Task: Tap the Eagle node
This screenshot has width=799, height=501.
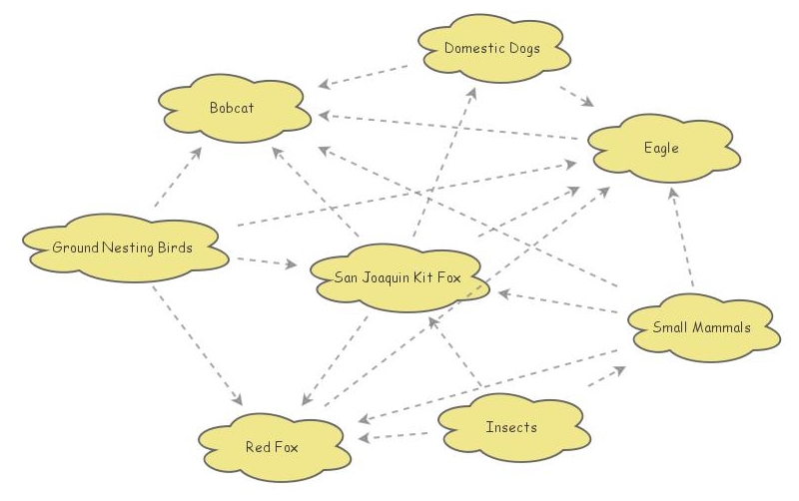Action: [x=661, y=149]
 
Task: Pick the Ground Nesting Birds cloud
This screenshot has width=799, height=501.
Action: [x=122, y=248]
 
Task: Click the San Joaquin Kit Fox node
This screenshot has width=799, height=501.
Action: [x=398, y=277]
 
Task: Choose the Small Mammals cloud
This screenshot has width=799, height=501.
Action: [x=701, y=327]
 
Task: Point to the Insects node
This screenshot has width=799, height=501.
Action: [x=511, y=427]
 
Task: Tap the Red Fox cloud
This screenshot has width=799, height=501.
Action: [x=272, y=446]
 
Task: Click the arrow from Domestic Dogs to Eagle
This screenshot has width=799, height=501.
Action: [x=576, y=95]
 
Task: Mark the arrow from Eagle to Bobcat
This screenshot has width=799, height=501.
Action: [x=449, y=127]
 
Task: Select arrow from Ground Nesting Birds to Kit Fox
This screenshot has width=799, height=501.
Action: [x=265, y=263]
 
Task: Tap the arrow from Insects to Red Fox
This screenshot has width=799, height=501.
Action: [x=399, y=435]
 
